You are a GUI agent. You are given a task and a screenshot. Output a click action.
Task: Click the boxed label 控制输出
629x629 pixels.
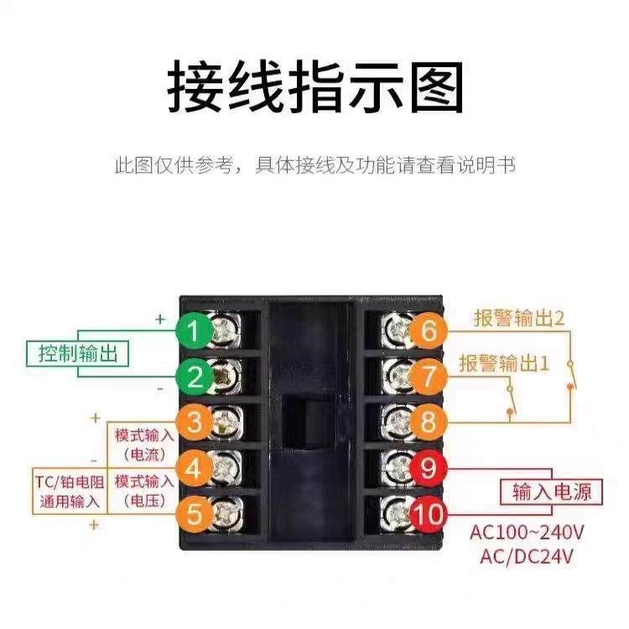coord(77,354)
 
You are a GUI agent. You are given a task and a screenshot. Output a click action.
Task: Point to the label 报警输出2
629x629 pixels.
coord(518,318)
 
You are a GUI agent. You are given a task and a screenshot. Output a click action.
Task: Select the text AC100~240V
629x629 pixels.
coord(527,532)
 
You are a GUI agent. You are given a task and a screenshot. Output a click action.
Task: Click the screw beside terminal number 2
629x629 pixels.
coord(226,377)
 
